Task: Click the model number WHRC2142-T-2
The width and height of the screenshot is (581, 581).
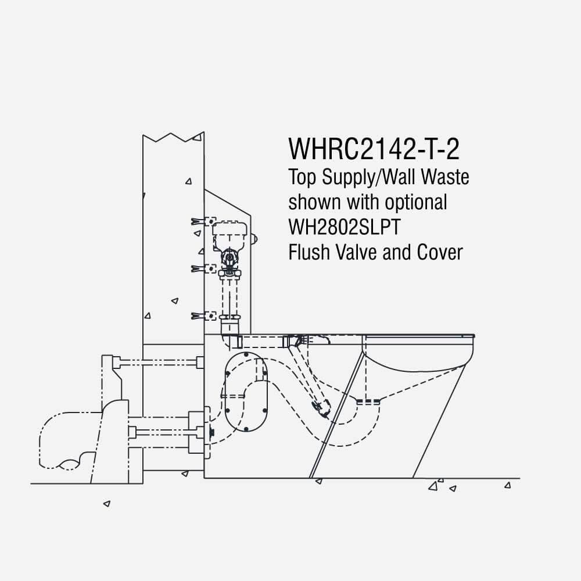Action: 374,149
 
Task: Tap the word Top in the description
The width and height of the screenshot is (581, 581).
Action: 302,177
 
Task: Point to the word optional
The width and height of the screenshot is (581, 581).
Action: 416,203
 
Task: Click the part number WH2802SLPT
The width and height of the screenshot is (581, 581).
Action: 345,227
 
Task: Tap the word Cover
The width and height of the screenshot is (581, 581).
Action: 440,252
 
